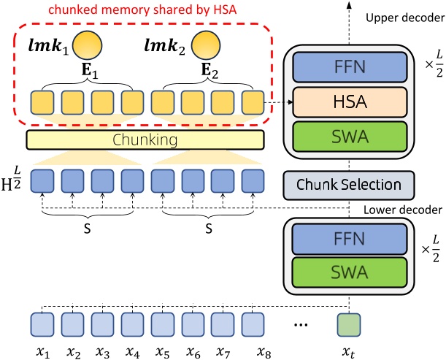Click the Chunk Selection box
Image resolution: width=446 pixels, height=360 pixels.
pos(348,184)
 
